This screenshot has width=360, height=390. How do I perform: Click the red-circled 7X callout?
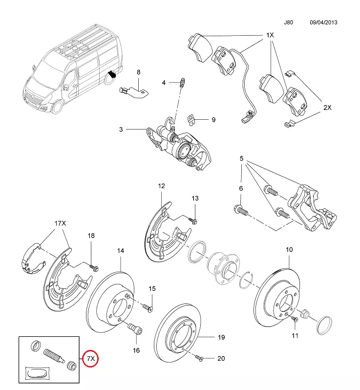point(90,359)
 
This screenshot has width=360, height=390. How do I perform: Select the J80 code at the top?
point(290,22)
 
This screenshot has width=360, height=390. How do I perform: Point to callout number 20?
point(221,358)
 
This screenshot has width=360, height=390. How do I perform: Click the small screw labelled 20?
point(199,358)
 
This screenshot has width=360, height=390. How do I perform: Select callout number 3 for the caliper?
point(121,130)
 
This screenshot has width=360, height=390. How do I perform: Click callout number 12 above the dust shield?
point(162,186)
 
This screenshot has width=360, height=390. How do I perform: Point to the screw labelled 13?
point(194,220)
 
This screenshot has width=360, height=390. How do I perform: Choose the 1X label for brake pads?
point(270,36)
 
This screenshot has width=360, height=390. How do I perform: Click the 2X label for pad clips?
point(327,107)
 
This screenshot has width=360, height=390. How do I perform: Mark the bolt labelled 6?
point(242,211)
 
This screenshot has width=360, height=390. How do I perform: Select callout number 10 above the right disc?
point(289,250)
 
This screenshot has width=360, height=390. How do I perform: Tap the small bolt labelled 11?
point(295,320)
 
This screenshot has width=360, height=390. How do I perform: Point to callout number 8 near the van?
point(138,72)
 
